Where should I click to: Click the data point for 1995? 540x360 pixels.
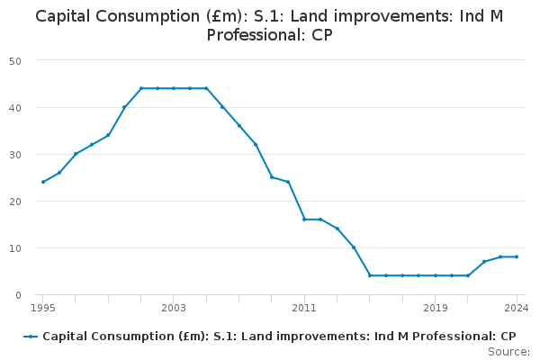tap(42, 182)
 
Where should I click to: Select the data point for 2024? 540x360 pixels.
tap(517, 256)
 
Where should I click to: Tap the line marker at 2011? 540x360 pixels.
tap(304, 220)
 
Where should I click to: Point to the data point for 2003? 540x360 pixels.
tap(174, 88)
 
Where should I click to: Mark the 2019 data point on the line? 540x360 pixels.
tap(436, 275)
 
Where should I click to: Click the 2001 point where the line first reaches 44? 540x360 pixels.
tap(141, 88)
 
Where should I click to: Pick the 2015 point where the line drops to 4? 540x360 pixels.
tap(370, 275)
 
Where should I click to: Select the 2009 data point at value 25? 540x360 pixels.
tap(272, 177)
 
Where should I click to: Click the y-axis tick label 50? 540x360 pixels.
tap(16, 60)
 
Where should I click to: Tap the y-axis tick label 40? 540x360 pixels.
tap(16, 107)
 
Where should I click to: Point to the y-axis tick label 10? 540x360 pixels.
tap(16, 247)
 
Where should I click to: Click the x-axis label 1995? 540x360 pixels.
tap(42, 308)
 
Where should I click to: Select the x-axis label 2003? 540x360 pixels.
tap(174, 308)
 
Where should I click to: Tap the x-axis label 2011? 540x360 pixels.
tap(304, 308)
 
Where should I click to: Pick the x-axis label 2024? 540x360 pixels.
tap(516, 308)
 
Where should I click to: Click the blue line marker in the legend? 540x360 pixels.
tap(31, 337)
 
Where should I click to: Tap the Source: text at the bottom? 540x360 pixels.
tap(508, 351)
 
